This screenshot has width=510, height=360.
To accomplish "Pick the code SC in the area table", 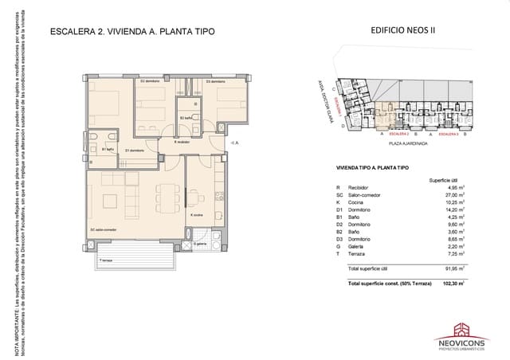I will click(339, 194).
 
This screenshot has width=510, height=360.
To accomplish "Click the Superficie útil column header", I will click(445, 180).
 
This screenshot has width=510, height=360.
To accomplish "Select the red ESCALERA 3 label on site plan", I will click(449, 135).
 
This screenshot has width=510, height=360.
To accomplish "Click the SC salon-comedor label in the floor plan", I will click(104, 231).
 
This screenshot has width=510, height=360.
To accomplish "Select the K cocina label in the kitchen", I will click(197, 214).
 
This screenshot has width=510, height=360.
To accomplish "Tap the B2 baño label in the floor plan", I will click(186, 118).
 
